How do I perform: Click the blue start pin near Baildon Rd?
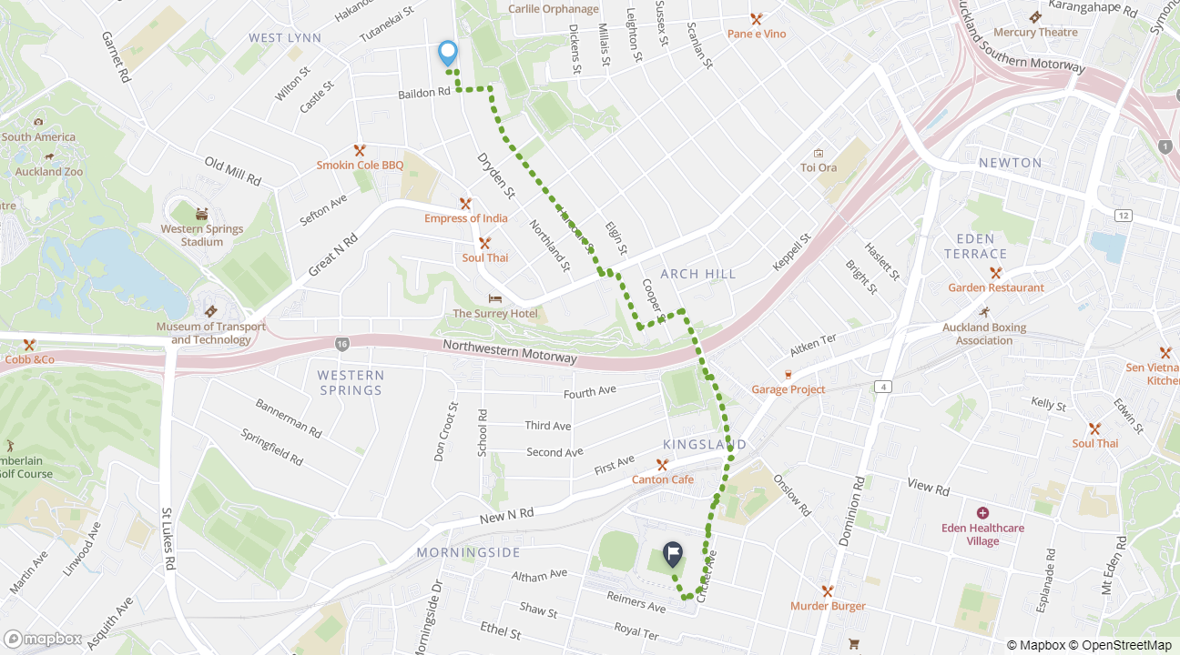[x=447, y=53]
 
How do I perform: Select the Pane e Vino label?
[x=756, y=34]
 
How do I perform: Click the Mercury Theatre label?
[x=1035, y=32]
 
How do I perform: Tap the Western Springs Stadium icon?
[x=201, y=214]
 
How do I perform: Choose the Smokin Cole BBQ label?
[x=360, y=165]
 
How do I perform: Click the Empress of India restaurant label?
[x=465, y=218]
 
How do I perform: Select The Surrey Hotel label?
[x=495, y=313]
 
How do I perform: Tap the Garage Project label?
[x=788, y=389]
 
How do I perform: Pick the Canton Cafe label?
[x=663, y=479]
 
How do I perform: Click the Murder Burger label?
[x=828, y=606]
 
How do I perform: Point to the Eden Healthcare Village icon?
[x=982, y=514]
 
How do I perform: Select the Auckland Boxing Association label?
[x=984, y=334]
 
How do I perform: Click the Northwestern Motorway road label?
[x=510, y=351]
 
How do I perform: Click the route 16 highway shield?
[x=341, y=344]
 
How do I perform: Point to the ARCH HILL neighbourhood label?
[x=697, y=274]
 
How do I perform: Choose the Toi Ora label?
[x=819, y=167]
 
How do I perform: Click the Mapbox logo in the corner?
[x=44, y=639]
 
